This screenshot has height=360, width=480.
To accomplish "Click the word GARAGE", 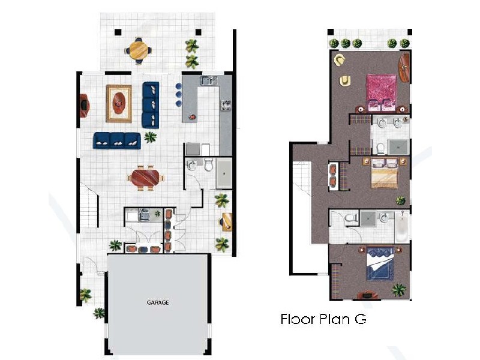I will coord(158,302).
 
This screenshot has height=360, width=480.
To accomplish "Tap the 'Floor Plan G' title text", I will coord(323,319).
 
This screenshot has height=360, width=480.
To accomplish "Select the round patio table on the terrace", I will coord(139,49).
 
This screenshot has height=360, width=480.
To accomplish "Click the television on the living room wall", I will coord(84,106).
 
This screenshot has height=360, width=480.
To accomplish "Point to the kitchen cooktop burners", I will coord(226,106).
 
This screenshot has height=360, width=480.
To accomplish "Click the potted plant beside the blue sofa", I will coord(150,137).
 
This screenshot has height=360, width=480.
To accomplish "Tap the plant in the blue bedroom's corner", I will coord(398,290).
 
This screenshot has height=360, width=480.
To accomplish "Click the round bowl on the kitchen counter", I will coord(193,115).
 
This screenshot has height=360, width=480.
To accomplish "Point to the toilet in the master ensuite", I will coord(379,147).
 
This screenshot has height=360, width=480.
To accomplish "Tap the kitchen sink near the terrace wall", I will coord(208,80).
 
